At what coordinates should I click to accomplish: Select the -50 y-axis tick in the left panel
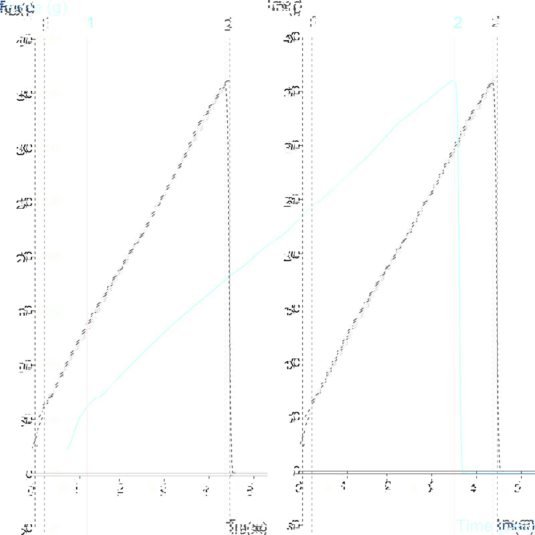[x=25, y=528]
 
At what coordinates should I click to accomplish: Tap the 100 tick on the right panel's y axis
[x=292, y=364]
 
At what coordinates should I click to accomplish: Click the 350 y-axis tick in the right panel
[x=292, y=92]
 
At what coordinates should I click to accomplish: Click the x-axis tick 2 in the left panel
[x=120, y=489]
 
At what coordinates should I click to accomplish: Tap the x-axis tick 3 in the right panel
[x=431, y=488]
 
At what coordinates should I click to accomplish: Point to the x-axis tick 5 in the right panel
[x=518, y=488]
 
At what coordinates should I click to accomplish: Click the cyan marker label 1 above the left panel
[x=90, y=23]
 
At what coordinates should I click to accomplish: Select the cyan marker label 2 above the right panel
[x=458, y=23]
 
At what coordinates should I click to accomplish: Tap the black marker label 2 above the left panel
[x=228, y=24]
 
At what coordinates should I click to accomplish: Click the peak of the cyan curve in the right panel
[x=453, y=80]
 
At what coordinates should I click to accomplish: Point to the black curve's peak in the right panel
[x=493, y=82]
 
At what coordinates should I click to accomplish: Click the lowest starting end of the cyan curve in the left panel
[x=67, y=449]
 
